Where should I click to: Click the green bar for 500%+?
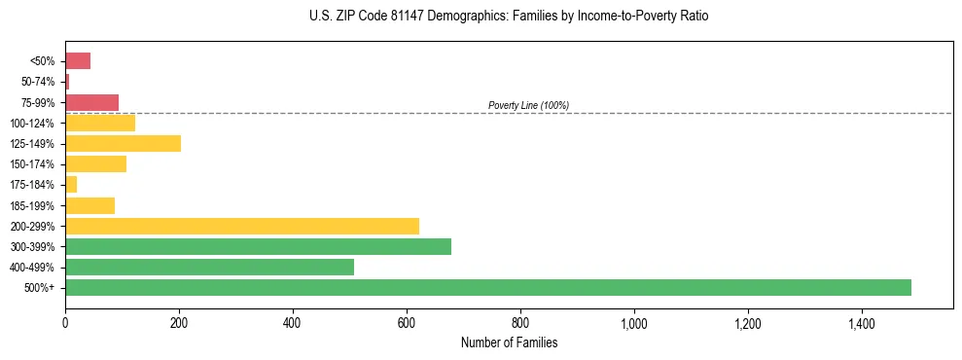pos(487,287)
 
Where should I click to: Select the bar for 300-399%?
pos(258,246)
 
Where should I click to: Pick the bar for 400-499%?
pos(209,267)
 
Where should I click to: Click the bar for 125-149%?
pos(123,144)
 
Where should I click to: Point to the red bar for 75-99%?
pos(91,102)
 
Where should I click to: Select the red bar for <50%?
pos(78,61)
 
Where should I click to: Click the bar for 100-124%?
pos(100,123)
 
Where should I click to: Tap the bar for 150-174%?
pos(95,163)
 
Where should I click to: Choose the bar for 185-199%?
pos(89,205)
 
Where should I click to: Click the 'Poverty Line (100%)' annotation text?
pos(528,105)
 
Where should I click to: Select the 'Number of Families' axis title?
pos(509,342)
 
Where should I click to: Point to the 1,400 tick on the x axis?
pos(861,321)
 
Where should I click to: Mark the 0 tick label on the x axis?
pos(65,321)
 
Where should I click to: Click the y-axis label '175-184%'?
pos(33,185)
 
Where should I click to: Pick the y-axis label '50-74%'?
pos(38,82)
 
